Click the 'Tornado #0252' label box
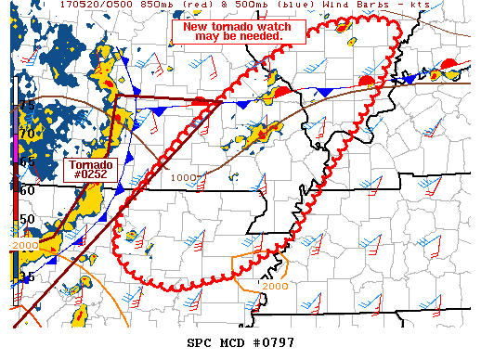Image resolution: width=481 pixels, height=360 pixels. (x=88, y=169)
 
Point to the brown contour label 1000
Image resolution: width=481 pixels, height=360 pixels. (x=184, y=177)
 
